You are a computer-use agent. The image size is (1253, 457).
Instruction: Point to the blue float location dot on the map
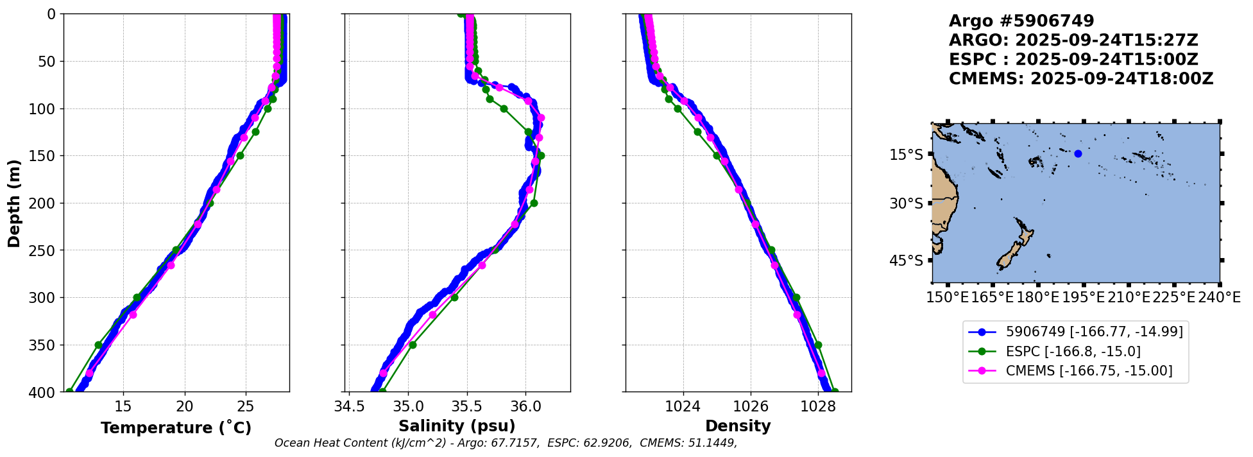pyautogui.click(x=1078, y=153)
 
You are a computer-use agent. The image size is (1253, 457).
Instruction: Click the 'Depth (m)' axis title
pyautogui.click(x=13, y=203)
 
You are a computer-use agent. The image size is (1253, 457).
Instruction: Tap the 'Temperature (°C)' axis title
pyautogui.click(x=176, y=427)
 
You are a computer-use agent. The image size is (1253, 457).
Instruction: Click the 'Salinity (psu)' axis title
pyautogui.click(x=457, y=426)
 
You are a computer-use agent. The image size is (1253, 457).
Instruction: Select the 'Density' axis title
pyautogui.click(x=738, y=426)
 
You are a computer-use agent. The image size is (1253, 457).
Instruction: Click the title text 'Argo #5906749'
pyautogui.click(x=1021, y=21)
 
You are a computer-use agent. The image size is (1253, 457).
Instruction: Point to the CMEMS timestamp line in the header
pyautogui.click(x=1081, y=79)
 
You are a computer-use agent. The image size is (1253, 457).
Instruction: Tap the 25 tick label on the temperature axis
pyautogui.click(x=246, y=406)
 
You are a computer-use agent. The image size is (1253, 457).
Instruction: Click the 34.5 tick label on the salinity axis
pyautogui.click(x=349, y=406)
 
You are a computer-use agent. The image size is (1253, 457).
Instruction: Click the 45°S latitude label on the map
pyautogui.click(x=906, y=261)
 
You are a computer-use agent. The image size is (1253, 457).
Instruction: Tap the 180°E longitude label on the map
pyautogui.click(x=1037, y=298)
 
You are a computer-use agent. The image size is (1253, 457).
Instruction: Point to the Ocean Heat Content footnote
pyautogui.click(x=506, y=443)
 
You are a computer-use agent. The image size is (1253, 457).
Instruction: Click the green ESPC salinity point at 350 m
pyautogui.click(x=413, y=345)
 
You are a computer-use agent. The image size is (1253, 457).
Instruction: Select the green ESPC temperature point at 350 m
pyautogui.click(x=99, y=345)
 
